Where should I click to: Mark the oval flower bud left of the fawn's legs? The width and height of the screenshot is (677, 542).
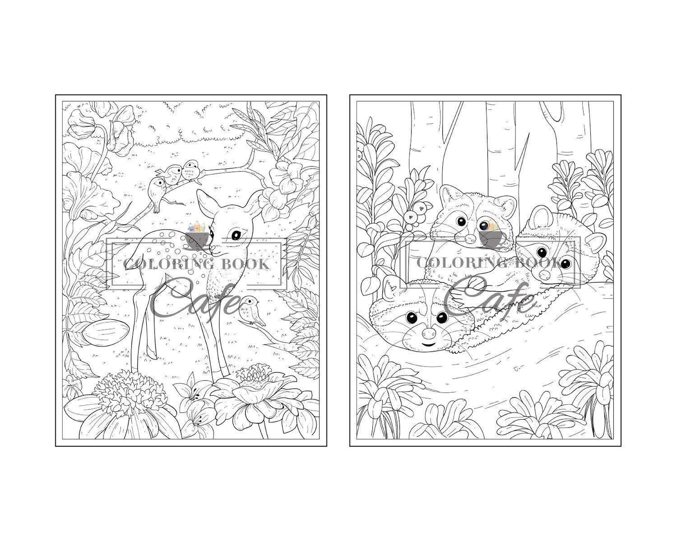(x=107, y=332)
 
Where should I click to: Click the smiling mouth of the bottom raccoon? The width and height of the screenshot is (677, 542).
(x=428, y=344)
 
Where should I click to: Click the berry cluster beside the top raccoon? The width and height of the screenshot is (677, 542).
(x=416, y=214)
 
